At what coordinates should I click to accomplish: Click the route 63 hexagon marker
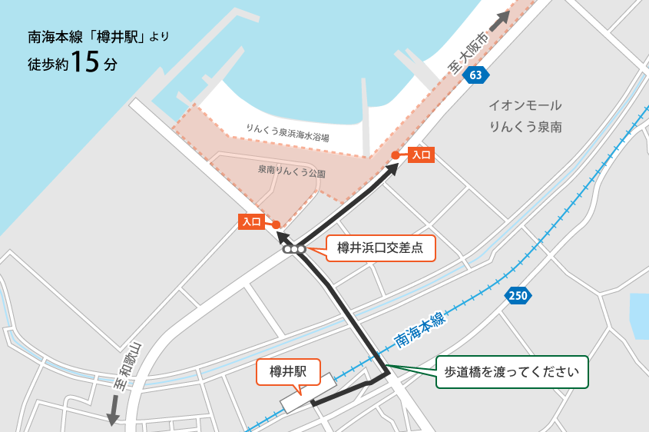(x=476, y=75)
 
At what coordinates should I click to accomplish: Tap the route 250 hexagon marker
(x=518, y=295)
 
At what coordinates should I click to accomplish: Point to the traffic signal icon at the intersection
(x=293, y=249)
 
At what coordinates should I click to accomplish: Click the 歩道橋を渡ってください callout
(x=511, y=372)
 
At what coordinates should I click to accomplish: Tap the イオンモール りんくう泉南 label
(x=526, y=116)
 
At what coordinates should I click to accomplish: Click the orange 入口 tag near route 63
(x=420, y=155)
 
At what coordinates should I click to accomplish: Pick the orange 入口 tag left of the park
(x=252, y=222)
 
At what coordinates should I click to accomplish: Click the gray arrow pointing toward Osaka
(x=499, y=20)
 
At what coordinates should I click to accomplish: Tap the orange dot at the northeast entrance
(x=395, y=155)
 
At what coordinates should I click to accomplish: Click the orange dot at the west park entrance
(x=276, y=224)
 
